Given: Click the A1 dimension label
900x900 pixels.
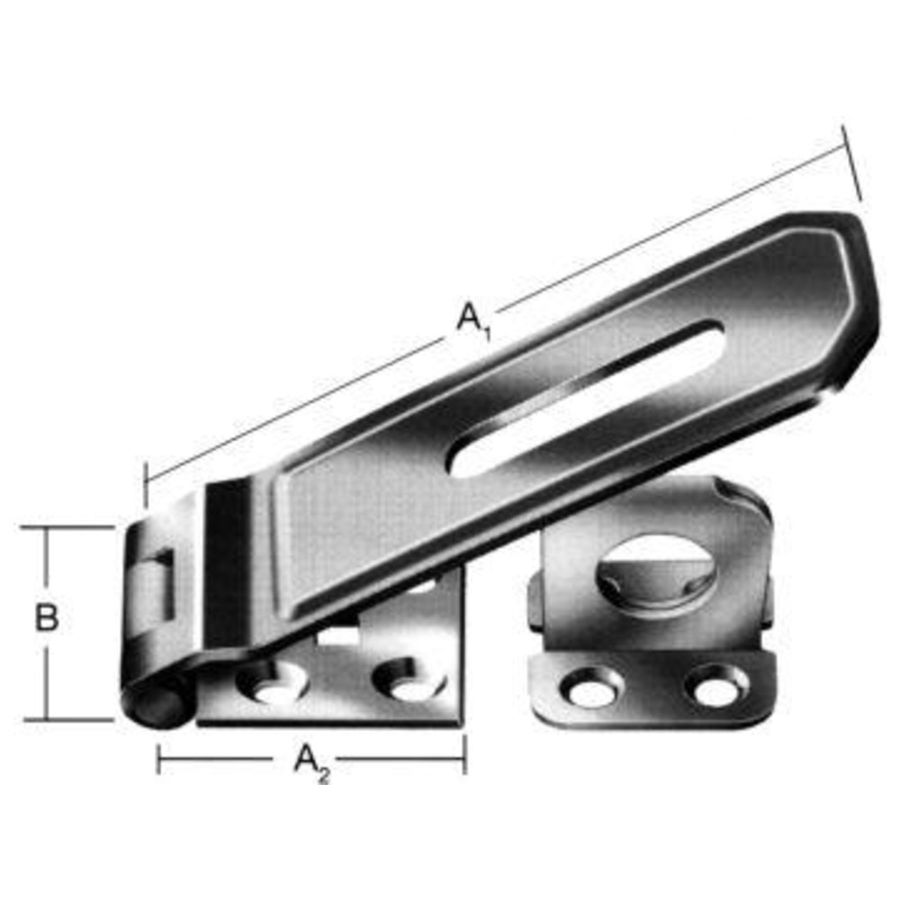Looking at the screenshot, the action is point(474,319).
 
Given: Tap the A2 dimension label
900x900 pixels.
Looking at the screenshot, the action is point(311,762).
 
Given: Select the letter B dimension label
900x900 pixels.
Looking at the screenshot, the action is point(47,617).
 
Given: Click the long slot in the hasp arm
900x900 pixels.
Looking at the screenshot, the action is point(586,398).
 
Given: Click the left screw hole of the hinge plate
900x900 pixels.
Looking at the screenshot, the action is point(272,682).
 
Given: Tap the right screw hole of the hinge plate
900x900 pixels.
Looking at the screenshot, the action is point(409,679).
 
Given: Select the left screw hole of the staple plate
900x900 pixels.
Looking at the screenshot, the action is point(591,686).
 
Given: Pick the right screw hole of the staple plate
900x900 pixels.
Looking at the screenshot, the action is point(717,685).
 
